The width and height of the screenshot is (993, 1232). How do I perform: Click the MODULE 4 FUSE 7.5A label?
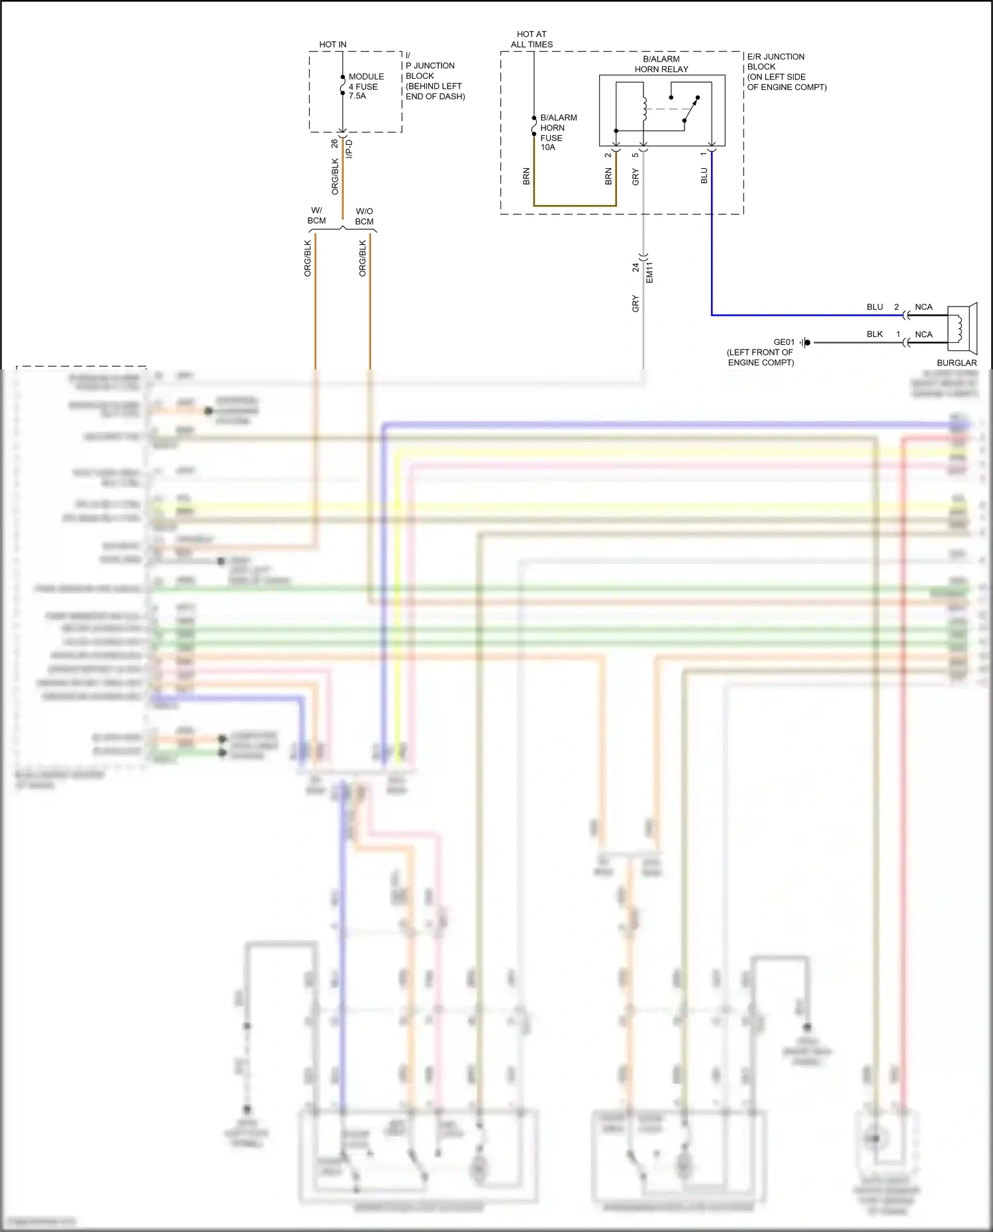tap(365, 86)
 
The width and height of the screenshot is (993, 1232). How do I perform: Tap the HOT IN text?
tap(332, 44)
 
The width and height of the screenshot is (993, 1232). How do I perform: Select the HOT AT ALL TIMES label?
tap(532, 39)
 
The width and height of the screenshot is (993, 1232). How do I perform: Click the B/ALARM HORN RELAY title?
tap(661, 64)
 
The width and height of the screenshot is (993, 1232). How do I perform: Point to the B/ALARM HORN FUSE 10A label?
tap(557, 132)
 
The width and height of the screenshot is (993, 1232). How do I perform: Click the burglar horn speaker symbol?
tap(962, 328)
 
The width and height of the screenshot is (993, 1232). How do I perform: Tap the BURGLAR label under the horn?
tap(957, 363)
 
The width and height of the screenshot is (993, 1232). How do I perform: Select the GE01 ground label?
tap(784, 342)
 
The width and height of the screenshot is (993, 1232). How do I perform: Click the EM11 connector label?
tap(649, 273)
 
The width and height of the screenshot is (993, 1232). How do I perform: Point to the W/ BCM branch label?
tap(316, 216)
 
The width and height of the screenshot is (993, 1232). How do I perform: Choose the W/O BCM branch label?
tap(364, 216)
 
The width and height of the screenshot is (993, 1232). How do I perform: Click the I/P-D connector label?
tap(349, 149)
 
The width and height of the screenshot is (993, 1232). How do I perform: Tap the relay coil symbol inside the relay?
tap(643, 109)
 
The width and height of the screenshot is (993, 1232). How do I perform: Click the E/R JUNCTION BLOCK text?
tap(776, 62)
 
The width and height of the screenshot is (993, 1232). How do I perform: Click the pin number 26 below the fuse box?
tap(334, 143)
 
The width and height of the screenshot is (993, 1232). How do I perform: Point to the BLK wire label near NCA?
tap(875, 334)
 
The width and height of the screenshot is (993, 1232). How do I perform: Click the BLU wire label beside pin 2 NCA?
tap(875, 307)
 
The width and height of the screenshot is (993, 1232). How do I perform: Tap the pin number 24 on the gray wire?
tap(636, 267)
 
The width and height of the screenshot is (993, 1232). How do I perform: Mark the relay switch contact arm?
tap(690, 110)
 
